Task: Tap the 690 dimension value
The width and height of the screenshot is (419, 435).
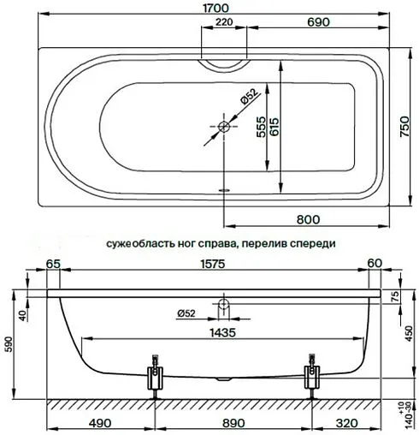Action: click(x=319, y=23)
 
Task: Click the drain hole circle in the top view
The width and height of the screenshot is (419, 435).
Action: click(x=225, y=128)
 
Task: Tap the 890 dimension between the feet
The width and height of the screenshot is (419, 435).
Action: click(x=232, y=423)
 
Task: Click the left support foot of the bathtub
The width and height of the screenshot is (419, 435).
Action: click(x=155, y=376)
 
